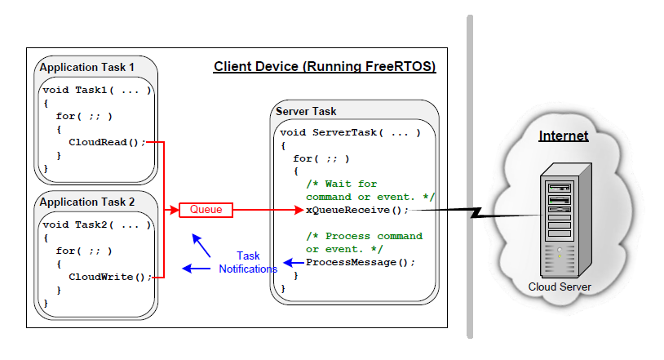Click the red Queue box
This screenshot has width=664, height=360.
206,210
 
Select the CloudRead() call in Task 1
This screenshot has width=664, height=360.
107,142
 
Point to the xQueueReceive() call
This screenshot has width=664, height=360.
356,210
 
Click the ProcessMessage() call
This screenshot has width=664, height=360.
361,262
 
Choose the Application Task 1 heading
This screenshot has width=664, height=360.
87,68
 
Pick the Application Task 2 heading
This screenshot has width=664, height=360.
87,201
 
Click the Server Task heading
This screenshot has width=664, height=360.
306,111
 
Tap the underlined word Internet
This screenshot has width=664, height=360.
563,136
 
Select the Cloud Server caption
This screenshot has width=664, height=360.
560,287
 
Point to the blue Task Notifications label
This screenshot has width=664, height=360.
248,262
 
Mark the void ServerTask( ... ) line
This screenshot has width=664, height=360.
350,132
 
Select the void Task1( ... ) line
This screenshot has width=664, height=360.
96,90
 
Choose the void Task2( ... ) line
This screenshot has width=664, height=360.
96,224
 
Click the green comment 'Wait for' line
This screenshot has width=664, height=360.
342,184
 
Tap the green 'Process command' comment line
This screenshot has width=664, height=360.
364,236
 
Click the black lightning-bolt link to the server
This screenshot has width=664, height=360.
473,214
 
